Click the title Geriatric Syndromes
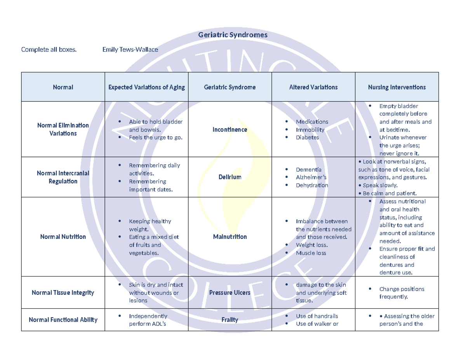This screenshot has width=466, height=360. coord(233,35)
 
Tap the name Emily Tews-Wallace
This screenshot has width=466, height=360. coord(130,49)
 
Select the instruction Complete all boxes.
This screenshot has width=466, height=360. coord(49,49)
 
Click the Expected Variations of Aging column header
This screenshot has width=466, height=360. coord(146,87)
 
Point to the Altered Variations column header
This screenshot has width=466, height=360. coord(313,87)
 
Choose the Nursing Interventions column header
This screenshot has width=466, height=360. coord(396,87)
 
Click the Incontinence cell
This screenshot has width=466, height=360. coord(230,129)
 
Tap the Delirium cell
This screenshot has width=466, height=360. coord(230,177)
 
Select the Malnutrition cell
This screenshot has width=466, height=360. coord(230,237)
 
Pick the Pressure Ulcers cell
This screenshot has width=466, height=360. coord(230,292)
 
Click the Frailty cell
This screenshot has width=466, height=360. coord(230,320)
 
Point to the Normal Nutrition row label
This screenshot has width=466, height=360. coord(63,237)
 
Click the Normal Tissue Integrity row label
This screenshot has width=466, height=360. coord(63,292)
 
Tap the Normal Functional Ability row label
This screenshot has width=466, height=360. coord(63,320)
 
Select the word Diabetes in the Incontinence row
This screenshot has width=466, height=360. coord(307,137)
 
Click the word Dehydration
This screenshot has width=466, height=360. coord(312,185)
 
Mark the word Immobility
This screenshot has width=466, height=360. coord(310,129)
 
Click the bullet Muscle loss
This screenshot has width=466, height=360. coord(311,253)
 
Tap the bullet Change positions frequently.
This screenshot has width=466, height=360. coord(402,293)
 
